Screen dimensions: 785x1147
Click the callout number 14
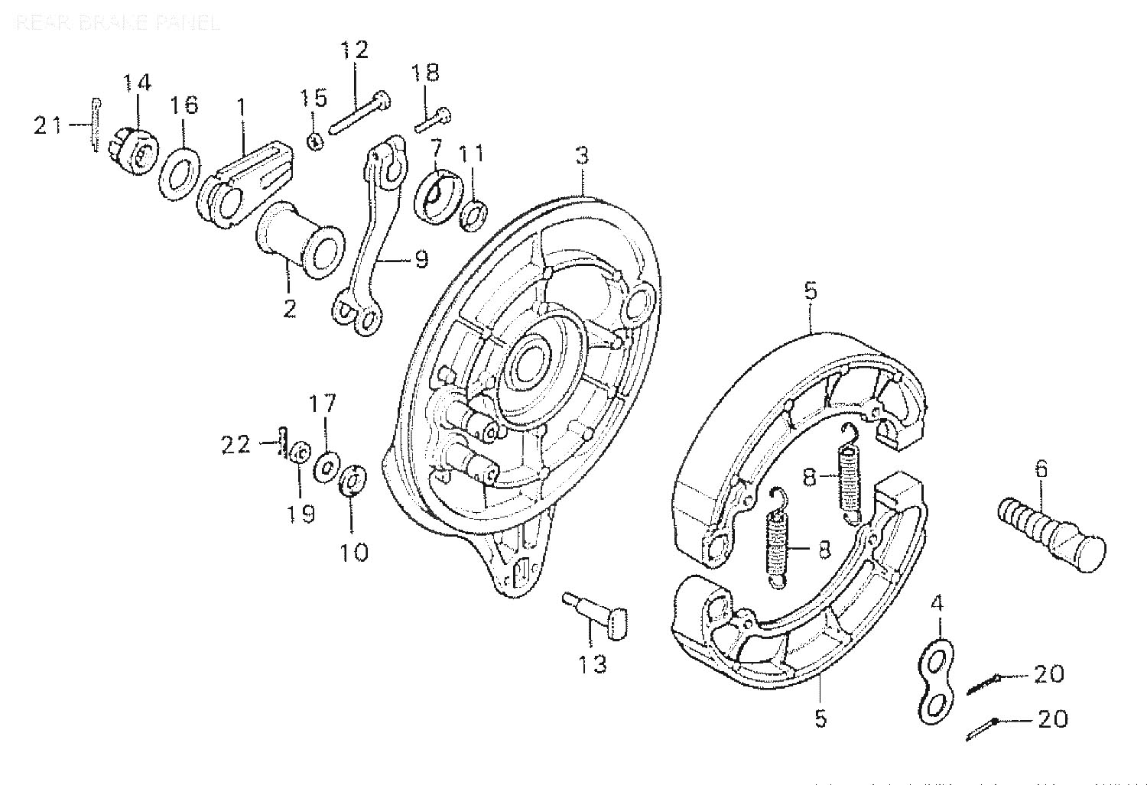[x=138, y=82]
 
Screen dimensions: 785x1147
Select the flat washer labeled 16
[x=180, y=164]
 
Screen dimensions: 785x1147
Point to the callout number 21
[x=48, y=125]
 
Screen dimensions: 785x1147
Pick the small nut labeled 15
[x=315, y=141]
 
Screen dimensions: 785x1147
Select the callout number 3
[x=582, y=157]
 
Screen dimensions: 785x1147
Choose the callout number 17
[x=323, y=403]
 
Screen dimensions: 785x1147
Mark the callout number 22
[x=236, y=444]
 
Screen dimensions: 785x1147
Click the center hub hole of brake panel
[x=528, y=363]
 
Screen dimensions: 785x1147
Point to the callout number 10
[x=354, y=551]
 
